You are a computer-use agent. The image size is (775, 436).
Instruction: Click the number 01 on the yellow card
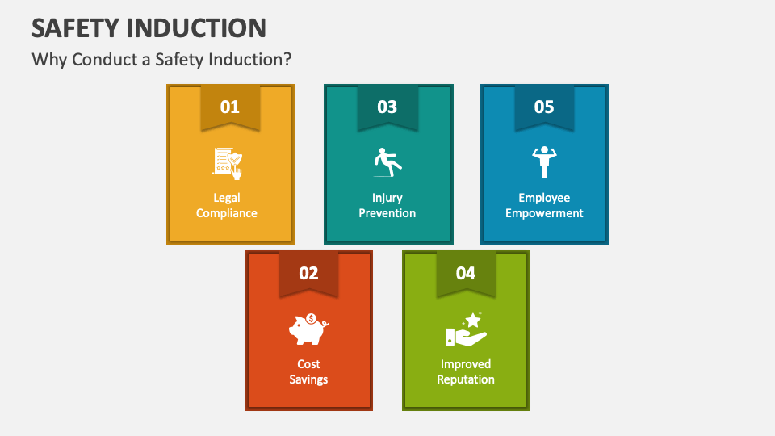230,107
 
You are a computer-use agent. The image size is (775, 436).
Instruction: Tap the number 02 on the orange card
308,273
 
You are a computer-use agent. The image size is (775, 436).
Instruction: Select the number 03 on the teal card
387,107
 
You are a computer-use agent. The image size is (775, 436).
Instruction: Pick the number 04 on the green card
466,273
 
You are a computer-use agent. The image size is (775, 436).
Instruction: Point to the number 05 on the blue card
544,107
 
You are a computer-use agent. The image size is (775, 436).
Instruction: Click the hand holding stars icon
466,329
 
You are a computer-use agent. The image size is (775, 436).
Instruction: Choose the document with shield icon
228,162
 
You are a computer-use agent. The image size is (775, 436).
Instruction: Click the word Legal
227,198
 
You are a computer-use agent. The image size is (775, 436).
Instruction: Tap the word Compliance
227,213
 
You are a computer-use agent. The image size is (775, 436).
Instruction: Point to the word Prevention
387,213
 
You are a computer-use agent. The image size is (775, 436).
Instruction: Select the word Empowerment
544,213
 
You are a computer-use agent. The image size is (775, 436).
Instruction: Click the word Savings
308,379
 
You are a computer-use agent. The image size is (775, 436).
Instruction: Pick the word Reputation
466,379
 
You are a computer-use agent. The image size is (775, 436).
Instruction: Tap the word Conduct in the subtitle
97,60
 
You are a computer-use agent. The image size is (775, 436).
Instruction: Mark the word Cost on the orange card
308,364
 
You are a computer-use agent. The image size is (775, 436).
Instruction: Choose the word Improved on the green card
466,364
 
